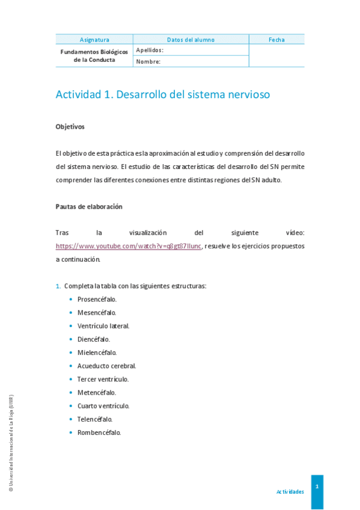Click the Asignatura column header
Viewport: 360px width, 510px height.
point(94,40)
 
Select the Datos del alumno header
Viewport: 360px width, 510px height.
point(191,40)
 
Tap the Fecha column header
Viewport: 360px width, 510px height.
point(276,40)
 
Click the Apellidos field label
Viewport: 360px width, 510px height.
point(150,50)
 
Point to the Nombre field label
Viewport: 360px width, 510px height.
point(148,61)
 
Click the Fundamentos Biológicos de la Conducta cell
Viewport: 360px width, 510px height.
point(94,56)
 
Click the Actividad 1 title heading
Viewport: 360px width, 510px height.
point(163,94)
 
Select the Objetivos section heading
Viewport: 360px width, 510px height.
point(70,127)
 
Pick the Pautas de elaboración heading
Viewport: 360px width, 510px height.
point(89,206)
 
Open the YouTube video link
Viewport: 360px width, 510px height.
point(129,246)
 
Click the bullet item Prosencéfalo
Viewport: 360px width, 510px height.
point(97,299)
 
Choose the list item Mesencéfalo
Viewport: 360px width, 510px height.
point(97,313)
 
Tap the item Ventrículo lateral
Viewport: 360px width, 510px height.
point(103,326)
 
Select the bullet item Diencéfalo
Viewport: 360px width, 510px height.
point(93,339)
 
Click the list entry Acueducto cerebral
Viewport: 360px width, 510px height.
point(106,366)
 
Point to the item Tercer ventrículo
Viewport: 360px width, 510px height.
point(103,379)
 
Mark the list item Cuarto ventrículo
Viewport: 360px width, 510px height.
point(103,406)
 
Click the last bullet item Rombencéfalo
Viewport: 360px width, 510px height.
point(99,432)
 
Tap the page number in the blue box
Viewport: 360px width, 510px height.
point(317,486)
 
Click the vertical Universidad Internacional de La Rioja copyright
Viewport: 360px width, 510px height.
point(11,444)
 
